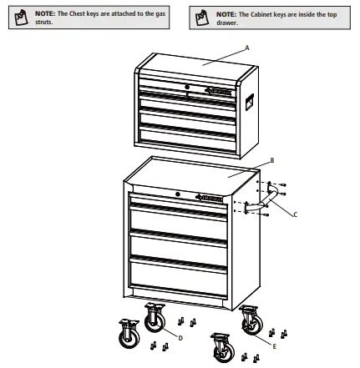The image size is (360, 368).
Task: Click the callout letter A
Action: tap(247, 48)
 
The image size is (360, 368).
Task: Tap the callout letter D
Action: tap(180, 337)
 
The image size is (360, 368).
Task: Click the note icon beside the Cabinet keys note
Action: tap(200, 18)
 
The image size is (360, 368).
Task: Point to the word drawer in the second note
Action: tap(226, 23)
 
